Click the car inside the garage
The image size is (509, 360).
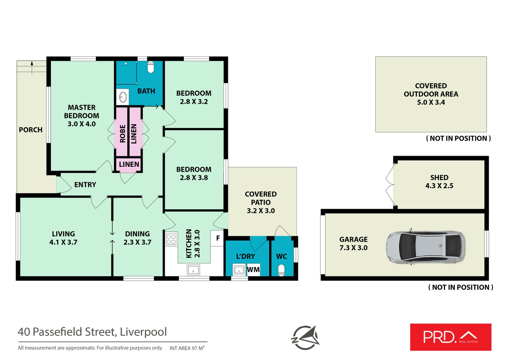(x=425, y=247)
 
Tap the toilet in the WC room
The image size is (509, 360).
(x=281, y=270)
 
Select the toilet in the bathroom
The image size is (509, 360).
(x=151, y=67)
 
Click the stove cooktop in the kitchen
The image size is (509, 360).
(x=171, y=239)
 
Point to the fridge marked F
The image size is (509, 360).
(x=218, y=238)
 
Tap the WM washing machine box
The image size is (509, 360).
(x=253, y=270)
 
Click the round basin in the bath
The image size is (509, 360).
(x=123, y=97)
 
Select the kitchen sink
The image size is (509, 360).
(x=193, y=270)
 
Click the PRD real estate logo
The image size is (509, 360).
(x=450, y=337)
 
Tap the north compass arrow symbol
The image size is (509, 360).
(x=305, y=337)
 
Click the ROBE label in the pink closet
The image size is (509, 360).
(x=122, y=134)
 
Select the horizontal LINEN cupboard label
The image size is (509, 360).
(x=129, y=164)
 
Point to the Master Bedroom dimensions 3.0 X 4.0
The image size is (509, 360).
(x=81, y=124)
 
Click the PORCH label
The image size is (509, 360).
(x=31, y=130)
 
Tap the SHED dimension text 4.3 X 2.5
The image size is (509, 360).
(x=439, y=186)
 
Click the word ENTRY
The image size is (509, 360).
(x=85, y=185)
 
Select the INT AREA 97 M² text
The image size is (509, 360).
(x=187, y=348)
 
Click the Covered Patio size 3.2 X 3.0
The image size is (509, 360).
(x=261, y=211)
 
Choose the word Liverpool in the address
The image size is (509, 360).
(x=143, y=332)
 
